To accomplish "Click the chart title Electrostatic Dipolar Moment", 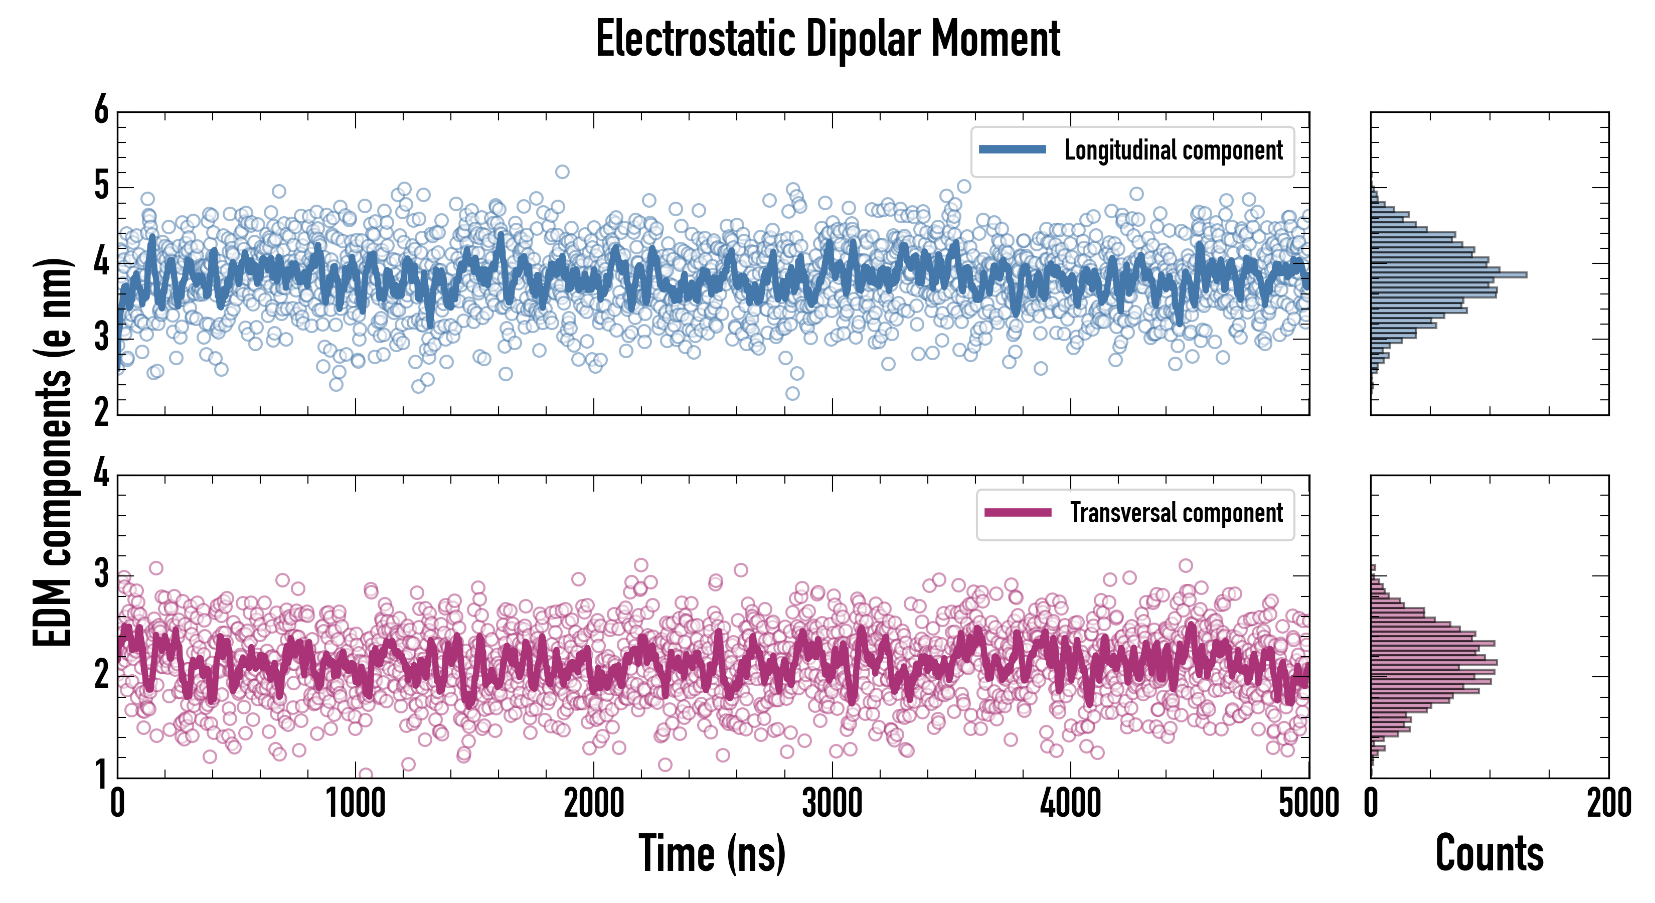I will (x=827, y=40).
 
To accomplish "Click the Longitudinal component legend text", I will (x=1173, y=150).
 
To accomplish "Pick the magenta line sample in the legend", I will (x=1018, y=513).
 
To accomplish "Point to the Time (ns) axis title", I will (x=712, y=853).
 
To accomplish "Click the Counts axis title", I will (x=1489, y=853).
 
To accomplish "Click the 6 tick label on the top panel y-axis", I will (x=101, y=110).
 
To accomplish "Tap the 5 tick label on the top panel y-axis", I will (x=101, y=187).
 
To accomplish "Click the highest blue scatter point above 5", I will (x=562, y=172).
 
